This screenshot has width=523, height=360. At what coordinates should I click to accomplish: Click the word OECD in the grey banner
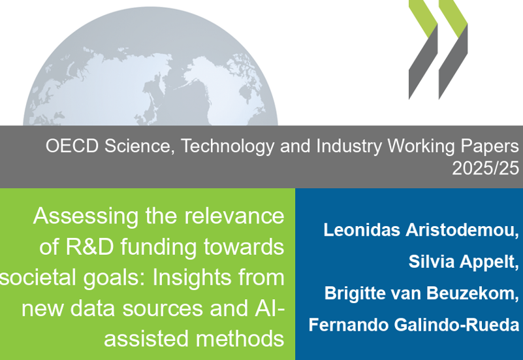pyautogui.click(x=72, y=146)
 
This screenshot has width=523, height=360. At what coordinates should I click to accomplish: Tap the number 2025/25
pyautogui.click(x=486, y=168)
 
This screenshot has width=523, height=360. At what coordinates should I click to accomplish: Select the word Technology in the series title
pyautogui.click(x=227, y=146)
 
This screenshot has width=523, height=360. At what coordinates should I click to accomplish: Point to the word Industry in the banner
pyautogui.click(x=349, y=146)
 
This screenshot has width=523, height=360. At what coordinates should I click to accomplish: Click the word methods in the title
pyautogui.click(x=240, y=339)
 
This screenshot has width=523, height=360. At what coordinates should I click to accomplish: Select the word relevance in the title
pyautogui.click(x=234, y=216)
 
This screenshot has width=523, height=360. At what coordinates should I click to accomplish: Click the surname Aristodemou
pyautogui.click(x=462, y=230)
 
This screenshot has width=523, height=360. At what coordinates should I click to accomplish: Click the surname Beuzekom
pyautogui.click(x=473, y=293)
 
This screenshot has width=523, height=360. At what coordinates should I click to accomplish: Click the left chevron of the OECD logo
pyautogui.click(x=423, y=50)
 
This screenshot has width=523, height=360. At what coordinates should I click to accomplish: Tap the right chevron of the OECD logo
pyautogui.click(x=453, y=50)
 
